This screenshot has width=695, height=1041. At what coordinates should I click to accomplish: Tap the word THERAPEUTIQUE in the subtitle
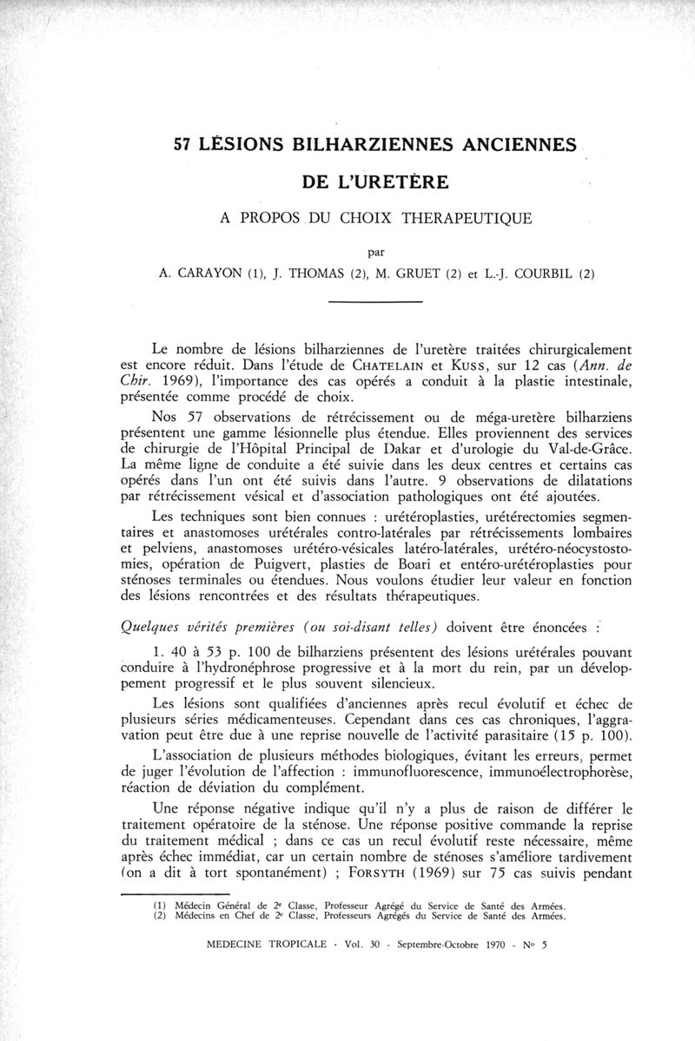pos(467,217)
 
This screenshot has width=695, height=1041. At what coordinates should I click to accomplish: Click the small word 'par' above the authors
pos(376,253)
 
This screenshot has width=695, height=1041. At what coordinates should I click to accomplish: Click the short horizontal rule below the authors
pos(376,301)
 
